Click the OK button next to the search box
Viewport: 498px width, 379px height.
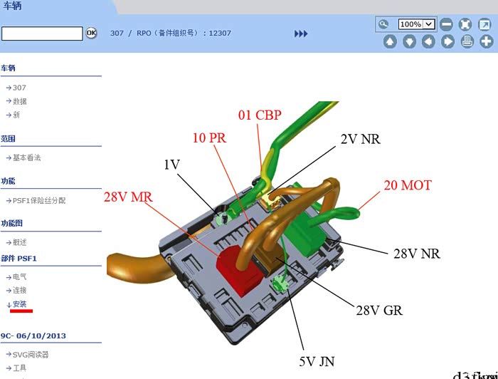[x=91, y=33]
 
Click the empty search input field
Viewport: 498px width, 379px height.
[x=42, y=33]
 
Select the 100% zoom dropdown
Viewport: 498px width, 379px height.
[x=416, y=24]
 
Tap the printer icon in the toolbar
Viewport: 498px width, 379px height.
[x=467, y=41]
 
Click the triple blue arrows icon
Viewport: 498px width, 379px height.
[x=301, y=33]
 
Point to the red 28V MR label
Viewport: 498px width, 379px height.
[x=128, y=197]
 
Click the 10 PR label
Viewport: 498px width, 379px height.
[x=209, y=138]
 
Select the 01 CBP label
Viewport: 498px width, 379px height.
[x=260, y=115]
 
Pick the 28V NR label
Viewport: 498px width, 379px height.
[x=417, y=253]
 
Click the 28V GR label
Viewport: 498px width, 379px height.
[x=380, y=310]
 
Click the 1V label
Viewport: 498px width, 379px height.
[x=171, y=165]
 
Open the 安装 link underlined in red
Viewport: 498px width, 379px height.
[x=20, y=304]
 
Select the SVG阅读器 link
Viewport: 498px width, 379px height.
[x=31, y=355]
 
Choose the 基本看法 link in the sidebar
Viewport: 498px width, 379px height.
[x=27, y=157]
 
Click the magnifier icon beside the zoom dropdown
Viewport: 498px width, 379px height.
[x=384, y=24]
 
